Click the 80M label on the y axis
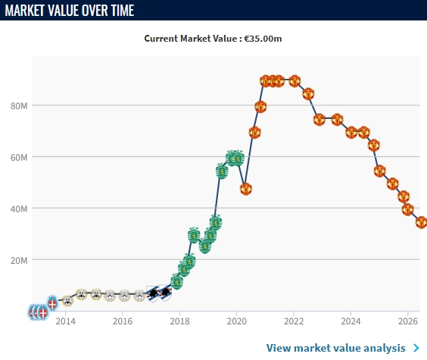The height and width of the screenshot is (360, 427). click(19, 106)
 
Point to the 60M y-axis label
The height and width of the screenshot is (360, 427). click(19, 157)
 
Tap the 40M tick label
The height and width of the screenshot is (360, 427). click(19, 209)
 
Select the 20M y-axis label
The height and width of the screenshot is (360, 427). click(19, 261)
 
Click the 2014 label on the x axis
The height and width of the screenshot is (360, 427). click(65, 321)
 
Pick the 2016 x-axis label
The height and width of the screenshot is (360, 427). click(123, 321)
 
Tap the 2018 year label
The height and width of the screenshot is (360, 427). click(179, 321)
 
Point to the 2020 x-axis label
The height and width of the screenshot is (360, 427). click(237, 321)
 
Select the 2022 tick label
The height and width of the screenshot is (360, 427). click(294, 321)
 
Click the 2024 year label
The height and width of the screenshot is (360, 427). click(351, 321)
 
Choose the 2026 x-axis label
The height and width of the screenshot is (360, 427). click(407, 321)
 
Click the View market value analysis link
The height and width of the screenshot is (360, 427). click(336, 348)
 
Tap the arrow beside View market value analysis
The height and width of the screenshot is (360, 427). click(416, 348)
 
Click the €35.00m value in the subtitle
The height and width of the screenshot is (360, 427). click(263, 39)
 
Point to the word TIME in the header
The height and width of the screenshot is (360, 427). click(123, 11)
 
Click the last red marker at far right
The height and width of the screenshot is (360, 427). click(421, 222)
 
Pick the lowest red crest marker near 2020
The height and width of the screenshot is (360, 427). click(246, 189)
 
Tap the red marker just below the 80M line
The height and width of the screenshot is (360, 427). click(260, 107)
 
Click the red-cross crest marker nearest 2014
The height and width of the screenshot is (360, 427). click(52, 303)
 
